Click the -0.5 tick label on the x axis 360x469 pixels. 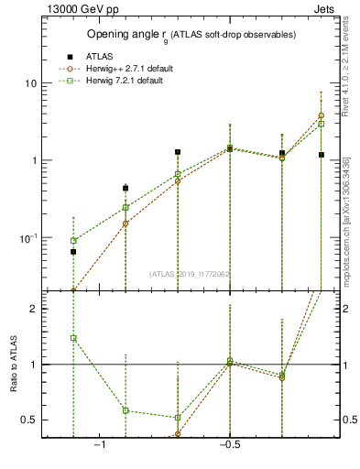(x=229, y=444)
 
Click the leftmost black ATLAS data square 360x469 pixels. (x=73, y=251)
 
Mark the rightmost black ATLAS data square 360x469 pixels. (x=322, y=155)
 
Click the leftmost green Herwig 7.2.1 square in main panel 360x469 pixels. (x=73, y=241)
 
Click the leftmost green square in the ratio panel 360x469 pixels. (x=73, y=338)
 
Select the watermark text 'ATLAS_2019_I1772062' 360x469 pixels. (x=191, y=273)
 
